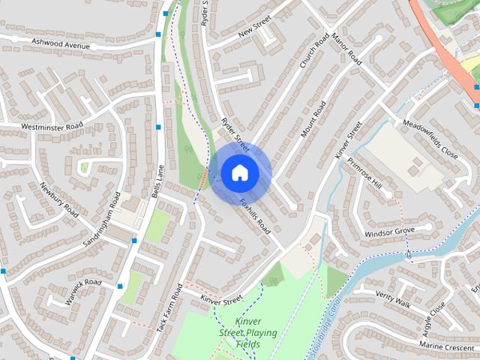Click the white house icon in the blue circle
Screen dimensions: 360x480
point(239,173)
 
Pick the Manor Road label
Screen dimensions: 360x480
point(346,48)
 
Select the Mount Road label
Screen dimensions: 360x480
point(314,118)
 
